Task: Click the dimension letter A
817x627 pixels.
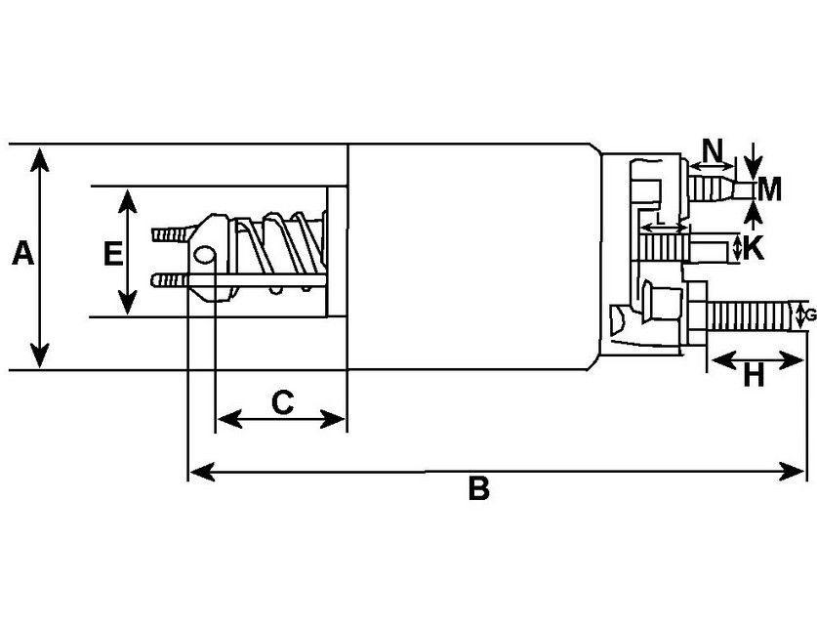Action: click(x=22, y=256)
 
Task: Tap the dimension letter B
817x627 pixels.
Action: click(x=477, y=488)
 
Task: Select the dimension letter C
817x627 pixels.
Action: click(x=281, y=401)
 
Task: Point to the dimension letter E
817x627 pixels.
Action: click(x=112, y=255)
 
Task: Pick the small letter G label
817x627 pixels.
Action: click(x=808, y=314)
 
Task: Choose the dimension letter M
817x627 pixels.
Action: click(x=769, y=188)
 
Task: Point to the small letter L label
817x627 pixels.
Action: click(x=661, y=220)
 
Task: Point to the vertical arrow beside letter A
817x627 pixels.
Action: click(x=39, y=257)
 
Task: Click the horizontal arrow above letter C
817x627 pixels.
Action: click(x=281, y=420)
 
